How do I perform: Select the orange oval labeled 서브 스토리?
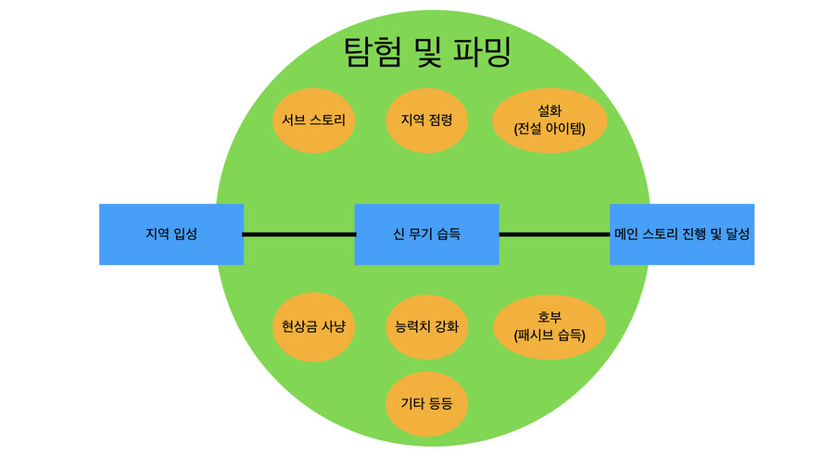pyautogui.click(x=314, y=120)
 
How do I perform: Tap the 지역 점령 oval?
pyautogui.click(x=426, y=120)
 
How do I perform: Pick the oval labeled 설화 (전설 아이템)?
pyautogui.click(x=550, y=120)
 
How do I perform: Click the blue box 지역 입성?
pyautogui.click(x=171, y=234)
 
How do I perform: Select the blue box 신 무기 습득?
pyautogui.click(x=427, y=234)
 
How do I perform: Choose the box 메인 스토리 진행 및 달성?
pyautogui.click(x=682, y=234)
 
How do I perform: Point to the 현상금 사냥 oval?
pyautogui.click(x=314, y=326)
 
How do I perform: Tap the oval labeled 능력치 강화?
pyautogui.click(x=426, y=326)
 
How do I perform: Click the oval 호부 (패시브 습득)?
pyautogui.click(x=550, y=326)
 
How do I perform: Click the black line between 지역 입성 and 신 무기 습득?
pyautogui.click(x=299, y=234)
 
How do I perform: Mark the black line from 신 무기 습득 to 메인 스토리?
pyautogui.click(x=554, y=234)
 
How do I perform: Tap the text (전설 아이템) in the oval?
pyautogui.click(x=550, y=129)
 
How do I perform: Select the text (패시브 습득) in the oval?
pyautogui.click(x=550, y=336)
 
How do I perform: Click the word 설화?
pyautogui.click(x=550, y=110)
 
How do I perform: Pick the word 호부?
pyautogui.click(x=550, y=317)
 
